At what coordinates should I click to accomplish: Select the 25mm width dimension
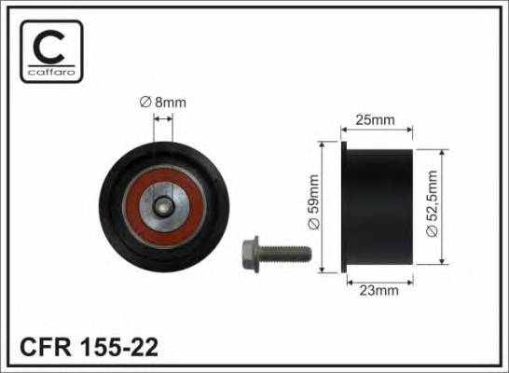(x=378, y=119)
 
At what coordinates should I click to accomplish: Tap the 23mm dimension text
(x=378, y=290)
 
